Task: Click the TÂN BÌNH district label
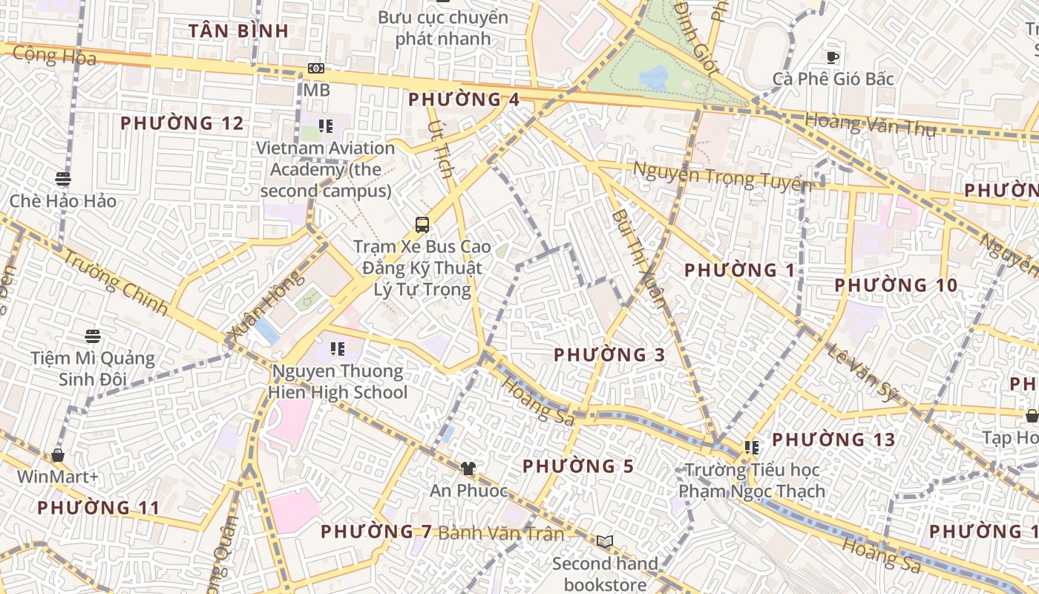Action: click(x=238, y=31)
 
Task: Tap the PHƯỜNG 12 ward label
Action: click(x=182, y=123)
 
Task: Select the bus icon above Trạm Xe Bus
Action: click(x=422, y=224)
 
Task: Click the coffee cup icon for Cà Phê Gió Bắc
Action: click(x=833, y=57)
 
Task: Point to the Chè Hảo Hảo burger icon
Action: click(x=63, y=179)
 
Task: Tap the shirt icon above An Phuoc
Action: click(x=468, y=469)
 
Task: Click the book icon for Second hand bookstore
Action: click(x=605, y=541)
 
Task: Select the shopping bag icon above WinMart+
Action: click(x=58, y=454)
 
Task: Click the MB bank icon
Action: click(x=316, y=68)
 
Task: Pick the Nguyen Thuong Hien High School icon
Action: click(x=338, y=348)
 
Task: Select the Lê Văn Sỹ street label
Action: click(x=863, y=373)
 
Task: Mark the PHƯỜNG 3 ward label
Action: click(x=609, y=355)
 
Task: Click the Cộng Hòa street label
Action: click(x=55, y=56)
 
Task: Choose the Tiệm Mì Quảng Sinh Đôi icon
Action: click(x=92, y=336)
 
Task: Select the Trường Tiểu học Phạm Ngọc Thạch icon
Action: click(x=752, y=448)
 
